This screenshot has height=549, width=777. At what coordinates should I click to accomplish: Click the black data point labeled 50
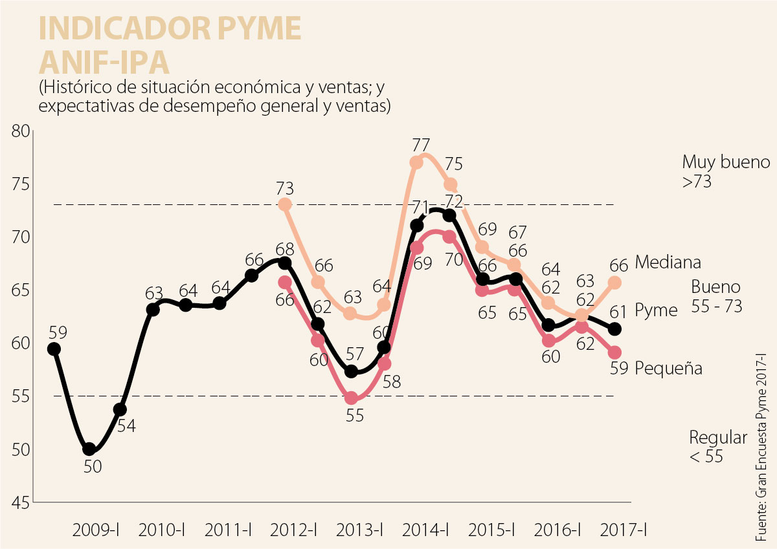tap(89, 449)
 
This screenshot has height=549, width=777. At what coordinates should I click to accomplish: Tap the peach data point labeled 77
tap(416, 162)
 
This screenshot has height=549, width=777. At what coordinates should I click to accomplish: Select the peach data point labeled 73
tap(285, 204)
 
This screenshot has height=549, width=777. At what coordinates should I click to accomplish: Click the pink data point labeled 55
tap(351, 398)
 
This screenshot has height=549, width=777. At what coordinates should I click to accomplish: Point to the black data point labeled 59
tap(54, 349)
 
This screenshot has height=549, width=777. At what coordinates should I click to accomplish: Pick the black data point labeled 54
tap(120, 409)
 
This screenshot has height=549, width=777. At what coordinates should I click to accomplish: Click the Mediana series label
tap(668, 263)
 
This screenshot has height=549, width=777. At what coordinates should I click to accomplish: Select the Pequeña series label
tap(669, 368)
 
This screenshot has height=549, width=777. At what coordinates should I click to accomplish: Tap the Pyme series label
tap(656, 310)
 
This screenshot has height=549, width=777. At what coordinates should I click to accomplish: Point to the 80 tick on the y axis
tap(21, 131)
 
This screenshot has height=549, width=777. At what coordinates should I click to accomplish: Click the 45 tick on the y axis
tap(21, 502)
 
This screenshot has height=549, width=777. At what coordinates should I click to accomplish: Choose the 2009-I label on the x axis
tap(96, 530)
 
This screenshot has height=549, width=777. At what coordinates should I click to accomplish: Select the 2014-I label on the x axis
tap(425, 530)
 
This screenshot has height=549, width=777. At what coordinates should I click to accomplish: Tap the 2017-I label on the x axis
tap(624, 530)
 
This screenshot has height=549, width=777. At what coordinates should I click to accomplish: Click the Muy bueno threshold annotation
tap(726, 171)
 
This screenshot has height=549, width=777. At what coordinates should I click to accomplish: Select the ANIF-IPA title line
tap(104, 62)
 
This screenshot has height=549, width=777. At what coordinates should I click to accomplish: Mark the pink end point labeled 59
tap(614, 352)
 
